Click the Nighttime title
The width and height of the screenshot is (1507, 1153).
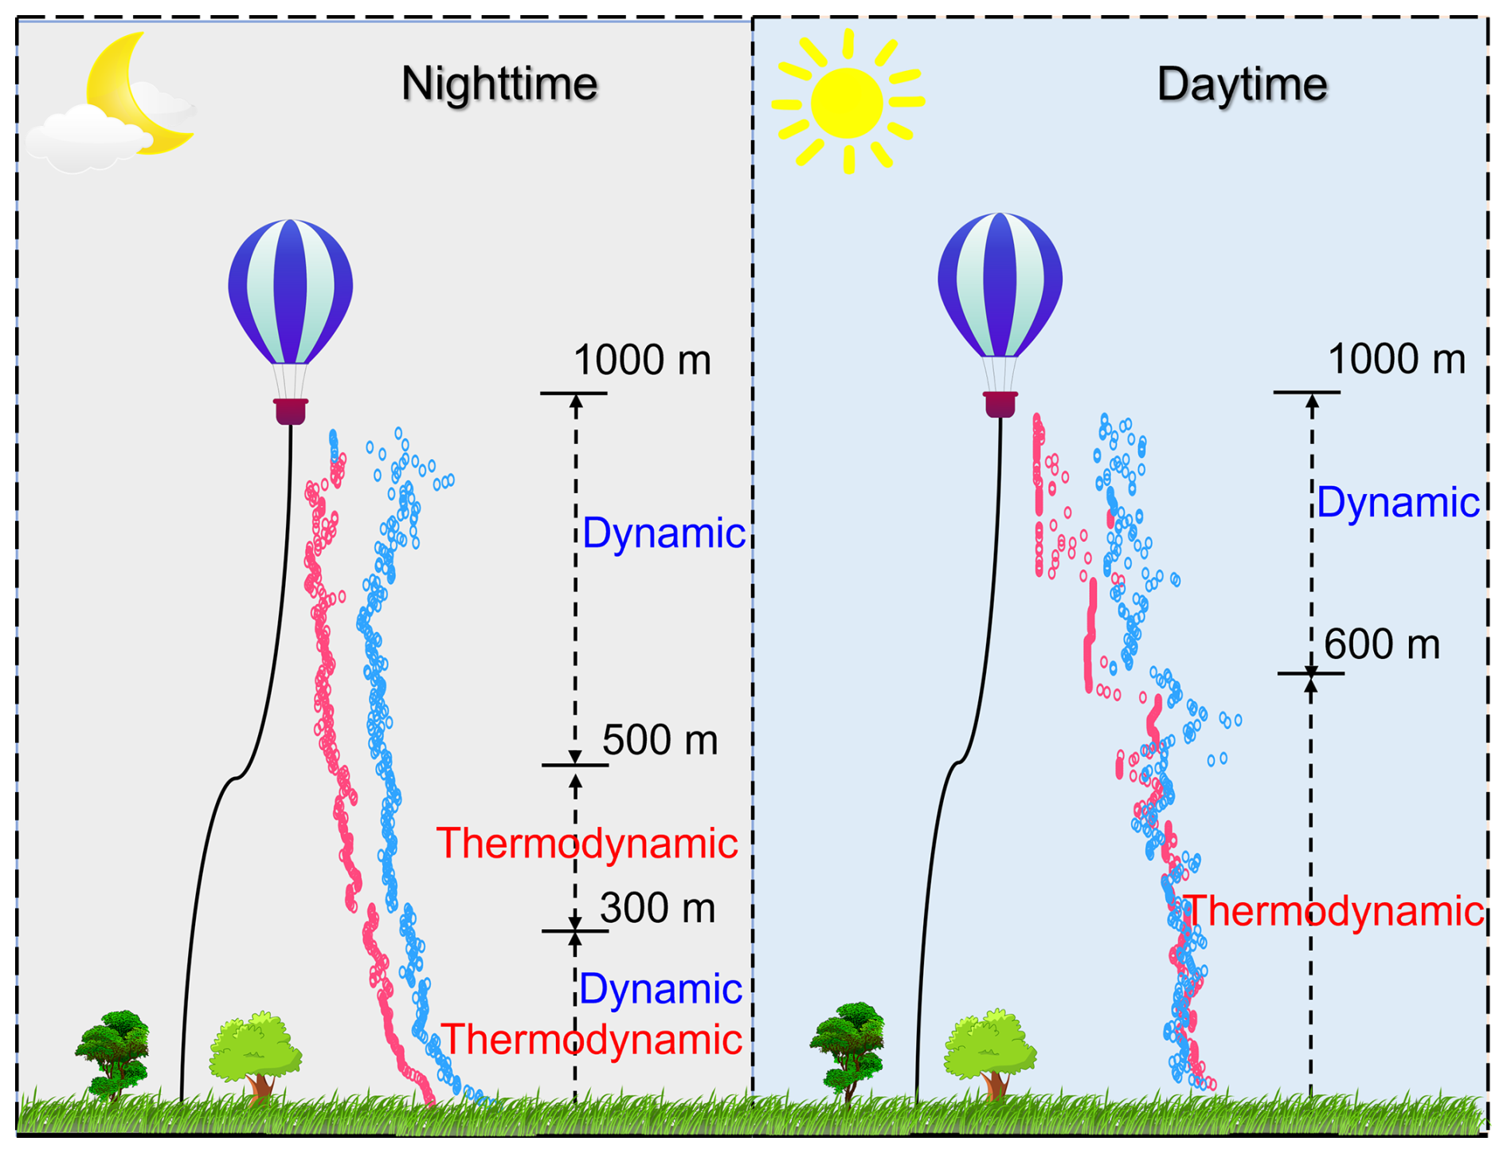(x=499, y=84)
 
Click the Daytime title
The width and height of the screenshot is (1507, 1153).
(x=1242, y=84)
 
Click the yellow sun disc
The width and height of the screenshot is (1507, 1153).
(x=847, y=102)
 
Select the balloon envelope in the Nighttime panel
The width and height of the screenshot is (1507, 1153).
(x=291, y=291)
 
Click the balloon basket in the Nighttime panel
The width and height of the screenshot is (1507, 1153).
(x=291, y=411)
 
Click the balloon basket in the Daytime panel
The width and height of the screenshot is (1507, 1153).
(x=1000, y=404)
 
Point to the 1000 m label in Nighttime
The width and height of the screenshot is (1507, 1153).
(x=642, y=360)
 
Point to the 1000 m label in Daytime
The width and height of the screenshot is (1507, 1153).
(x=1396, y=359)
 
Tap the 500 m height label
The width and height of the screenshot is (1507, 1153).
(x=660, y=740)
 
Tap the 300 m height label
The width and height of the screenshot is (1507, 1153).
(x=658, y=908)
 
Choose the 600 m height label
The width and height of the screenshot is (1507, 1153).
(x=1382, y=645)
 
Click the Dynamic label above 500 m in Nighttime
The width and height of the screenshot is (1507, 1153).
(x=664, y=533)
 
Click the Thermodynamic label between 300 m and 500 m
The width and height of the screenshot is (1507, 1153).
(x=587, y=843)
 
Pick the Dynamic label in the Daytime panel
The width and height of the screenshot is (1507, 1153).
(x=1398, y=503)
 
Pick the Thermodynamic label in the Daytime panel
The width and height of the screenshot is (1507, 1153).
(x=1335, y=912)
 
